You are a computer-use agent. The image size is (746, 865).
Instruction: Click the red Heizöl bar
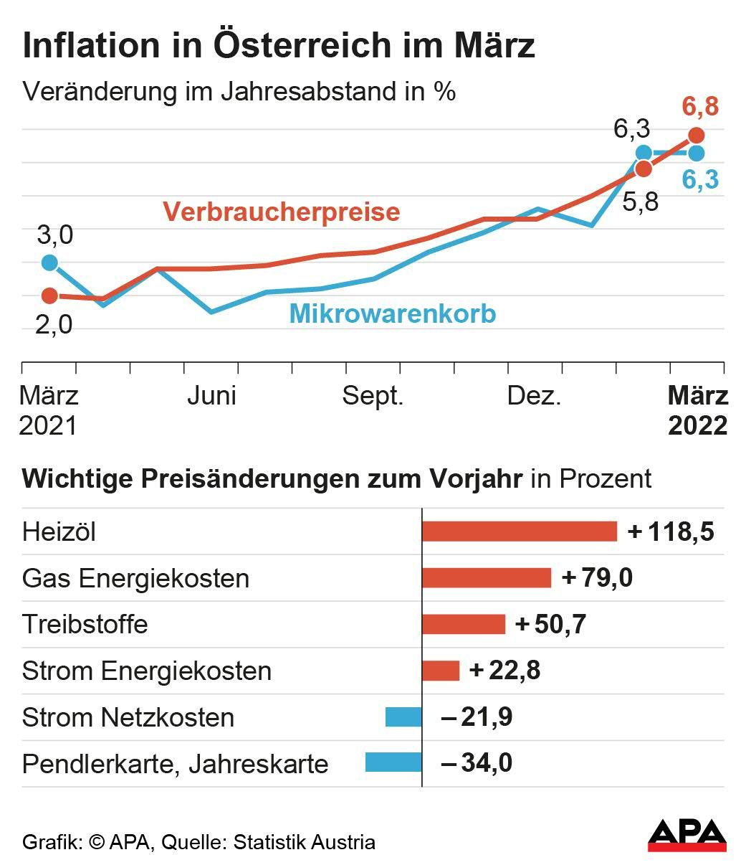[519, 531]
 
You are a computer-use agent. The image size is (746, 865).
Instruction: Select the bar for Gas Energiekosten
[486, 578]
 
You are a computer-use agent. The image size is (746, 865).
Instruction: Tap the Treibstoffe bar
[463, 624]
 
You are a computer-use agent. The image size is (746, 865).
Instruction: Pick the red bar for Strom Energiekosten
[440, 671]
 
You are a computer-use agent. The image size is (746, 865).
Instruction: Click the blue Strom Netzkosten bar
[403, 717]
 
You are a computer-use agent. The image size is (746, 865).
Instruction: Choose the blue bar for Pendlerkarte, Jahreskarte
[393, 762]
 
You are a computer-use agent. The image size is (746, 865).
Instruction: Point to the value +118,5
[671, 532]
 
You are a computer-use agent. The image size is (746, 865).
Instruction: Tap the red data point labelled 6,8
[696, 136]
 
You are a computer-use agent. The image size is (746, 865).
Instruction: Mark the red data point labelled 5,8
[644, 169]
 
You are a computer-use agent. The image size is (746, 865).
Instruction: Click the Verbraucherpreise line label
[281, 212]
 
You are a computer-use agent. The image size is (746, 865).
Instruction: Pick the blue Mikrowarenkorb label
[392, 314]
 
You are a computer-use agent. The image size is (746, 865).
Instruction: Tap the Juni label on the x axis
[211, 396]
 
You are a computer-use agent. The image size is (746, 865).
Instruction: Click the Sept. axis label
[373, 396]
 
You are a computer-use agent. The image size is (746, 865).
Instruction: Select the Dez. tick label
[534, 396]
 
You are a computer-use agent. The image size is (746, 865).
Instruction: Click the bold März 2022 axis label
[697, 410]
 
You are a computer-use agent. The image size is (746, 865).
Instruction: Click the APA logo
[687, 835]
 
